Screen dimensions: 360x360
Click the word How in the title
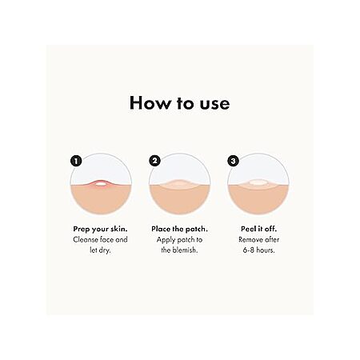(x=150, y=102)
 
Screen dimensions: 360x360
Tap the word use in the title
(x=214, y=104)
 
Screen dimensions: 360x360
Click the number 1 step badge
(x=76, y=161)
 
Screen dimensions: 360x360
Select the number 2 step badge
(x=154, y=161)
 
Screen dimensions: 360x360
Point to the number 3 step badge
(x=233, y=161)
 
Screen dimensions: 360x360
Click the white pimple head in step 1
(x=101, y=184)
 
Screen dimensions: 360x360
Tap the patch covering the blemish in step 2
(x=179, y=183)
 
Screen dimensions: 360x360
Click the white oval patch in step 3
(x=258, y=182)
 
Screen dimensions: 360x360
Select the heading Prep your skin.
(x=100, y=230)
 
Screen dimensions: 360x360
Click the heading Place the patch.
(x=179, y=229)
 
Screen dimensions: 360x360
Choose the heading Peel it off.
(x=258, y=229)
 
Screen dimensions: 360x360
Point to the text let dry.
(x=100, y=250)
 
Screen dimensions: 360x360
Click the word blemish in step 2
(x=185, y=250)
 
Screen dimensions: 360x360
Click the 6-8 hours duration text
(x=258, y=250)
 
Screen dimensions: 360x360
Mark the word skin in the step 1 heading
(x=118, y=229)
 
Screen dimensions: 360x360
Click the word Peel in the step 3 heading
(x=248, y=229)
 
